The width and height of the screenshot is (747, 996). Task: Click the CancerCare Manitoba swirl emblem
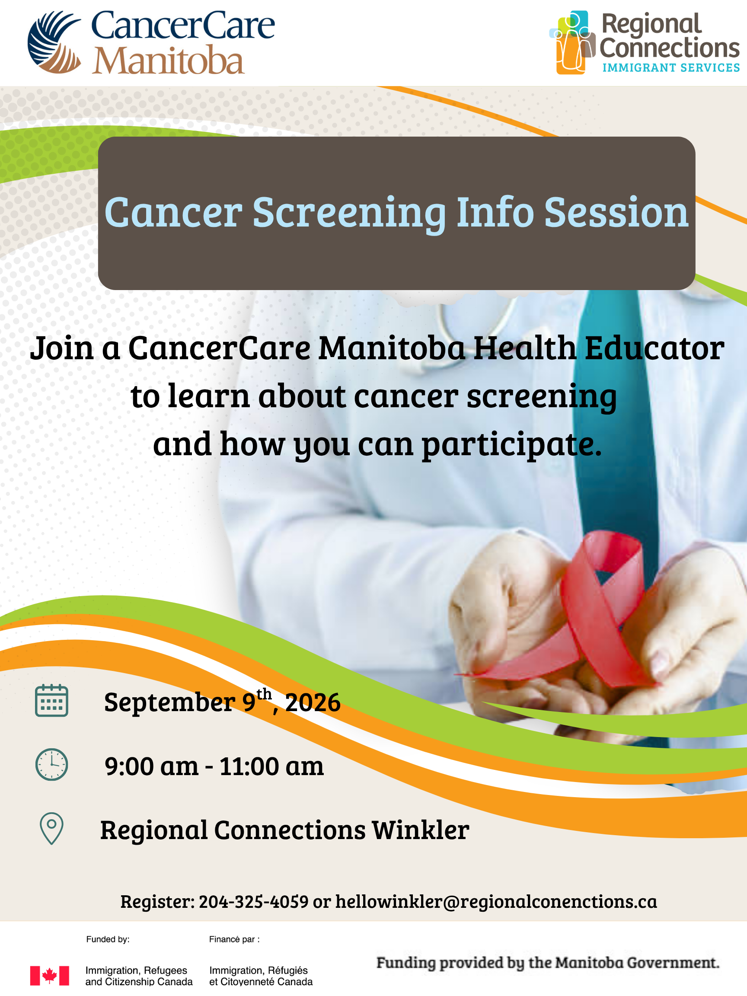click(x=54, y=42)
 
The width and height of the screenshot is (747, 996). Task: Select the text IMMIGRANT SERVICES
click(x=671, y=68)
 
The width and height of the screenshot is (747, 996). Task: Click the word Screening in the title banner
click(x=349, y=213)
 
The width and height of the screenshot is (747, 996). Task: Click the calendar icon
click(x=52, y=700)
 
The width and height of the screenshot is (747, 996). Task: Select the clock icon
click(x=52, y=765)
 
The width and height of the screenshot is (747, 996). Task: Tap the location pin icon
click(x=52, y=829)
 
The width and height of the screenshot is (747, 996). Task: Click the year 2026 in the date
click(x=313, y=702)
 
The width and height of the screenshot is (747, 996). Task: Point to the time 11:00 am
click(x=271, y=766)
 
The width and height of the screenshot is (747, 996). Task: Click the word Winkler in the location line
click(x=420, y=830)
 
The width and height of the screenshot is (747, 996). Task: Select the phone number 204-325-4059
click(x=253, y=901)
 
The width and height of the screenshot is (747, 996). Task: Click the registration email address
click(x=496, y=902)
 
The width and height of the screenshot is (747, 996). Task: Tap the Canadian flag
click(x=50, y=976)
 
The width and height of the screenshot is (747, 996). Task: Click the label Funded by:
click(x=108, y=939)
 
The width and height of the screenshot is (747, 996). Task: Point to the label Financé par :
click(x=234, y=939)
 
